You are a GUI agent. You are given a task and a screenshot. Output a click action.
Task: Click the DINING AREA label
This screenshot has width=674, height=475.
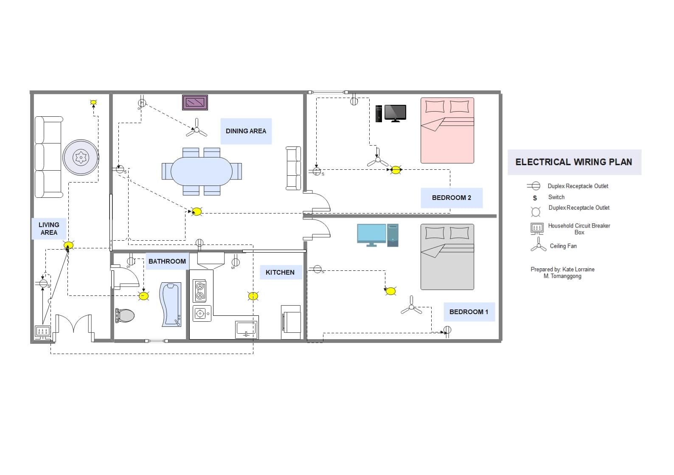point(246,131)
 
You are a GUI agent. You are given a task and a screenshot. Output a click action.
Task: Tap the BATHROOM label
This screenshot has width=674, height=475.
point(167,261)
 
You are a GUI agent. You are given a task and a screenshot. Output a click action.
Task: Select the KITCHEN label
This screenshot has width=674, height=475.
point(280,273)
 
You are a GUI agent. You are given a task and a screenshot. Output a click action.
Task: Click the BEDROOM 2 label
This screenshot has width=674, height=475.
point(451,198)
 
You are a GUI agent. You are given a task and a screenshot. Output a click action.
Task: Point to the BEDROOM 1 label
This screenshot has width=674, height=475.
point(469,312)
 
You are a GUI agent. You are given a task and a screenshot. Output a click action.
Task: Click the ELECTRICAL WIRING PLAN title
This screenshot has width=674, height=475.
point(573,162)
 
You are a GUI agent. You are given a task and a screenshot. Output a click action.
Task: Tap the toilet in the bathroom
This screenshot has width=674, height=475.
point(125,315)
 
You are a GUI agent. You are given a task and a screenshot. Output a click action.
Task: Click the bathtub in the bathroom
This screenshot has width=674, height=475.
point(171,304)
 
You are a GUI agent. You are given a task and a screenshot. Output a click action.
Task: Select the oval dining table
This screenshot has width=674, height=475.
point(202,171)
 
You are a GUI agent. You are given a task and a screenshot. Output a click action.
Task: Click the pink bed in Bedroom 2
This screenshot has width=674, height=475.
point(447,131)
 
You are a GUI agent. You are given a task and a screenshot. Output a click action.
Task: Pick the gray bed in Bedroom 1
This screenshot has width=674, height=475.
point(447,257)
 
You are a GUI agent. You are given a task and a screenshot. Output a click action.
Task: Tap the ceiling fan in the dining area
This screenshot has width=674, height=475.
point(197,129)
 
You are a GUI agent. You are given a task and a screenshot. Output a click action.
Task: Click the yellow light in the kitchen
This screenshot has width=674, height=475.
point(253,296)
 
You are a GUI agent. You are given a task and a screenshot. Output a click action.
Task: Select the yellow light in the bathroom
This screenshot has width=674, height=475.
point(144,296)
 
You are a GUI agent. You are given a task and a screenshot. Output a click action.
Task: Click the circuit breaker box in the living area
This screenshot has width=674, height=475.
point(43,331)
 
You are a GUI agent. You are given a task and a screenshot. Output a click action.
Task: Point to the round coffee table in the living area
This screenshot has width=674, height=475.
point(81,157)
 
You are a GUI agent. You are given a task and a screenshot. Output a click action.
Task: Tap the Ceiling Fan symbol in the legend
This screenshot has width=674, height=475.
point(538,245)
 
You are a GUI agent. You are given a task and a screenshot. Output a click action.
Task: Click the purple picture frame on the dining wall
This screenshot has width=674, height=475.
point(195,103)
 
